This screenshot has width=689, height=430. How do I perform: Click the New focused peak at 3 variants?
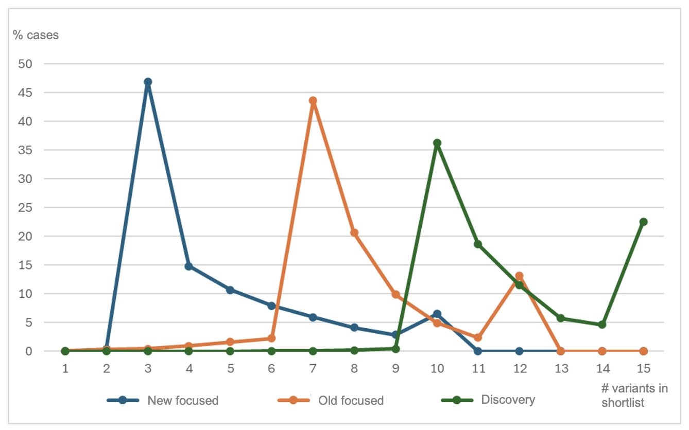[x=148, y=82]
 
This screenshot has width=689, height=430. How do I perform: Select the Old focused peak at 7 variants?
[x=313, y=101]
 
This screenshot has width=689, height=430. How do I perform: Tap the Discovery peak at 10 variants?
[x=437, y=143]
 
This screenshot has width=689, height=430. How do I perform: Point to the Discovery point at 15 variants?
[x=643, y=222]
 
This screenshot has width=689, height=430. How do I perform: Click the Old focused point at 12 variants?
[x=519, y=276]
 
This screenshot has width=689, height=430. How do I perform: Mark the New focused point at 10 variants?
[x=437, y=314]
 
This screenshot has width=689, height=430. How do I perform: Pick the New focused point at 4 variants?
[x=189, y=266]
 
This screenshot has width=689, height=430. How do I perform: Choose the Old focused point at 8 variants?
[x=354, y=232]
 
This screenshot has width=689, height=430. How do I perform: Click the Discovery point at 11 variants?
[x=478, y=244]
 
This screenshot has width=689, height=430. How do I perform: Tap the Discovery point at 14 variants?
[x=602, y=325]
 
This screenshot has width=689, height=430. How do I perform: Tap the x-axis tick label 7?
[x=313, y=368]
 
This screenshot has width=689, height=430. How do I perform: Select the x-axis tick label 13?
[x=560, y=368]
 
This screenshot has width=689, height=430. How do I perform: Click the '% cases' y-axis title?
[x=36, y=35]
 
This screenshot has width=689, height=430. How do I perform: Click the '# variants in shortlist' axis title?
[x=634, y=395]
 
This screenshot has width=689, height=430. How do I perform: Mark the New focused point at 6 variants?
[x=271, y=306]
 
